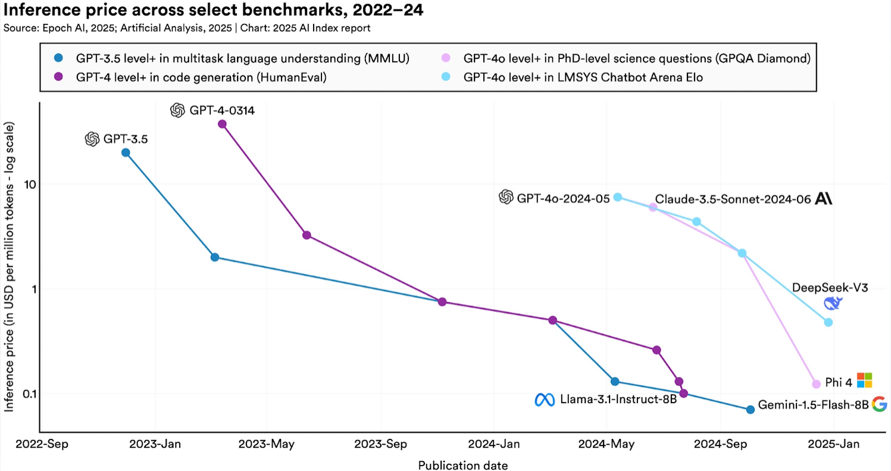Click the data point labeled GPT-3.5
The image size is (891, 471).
(126, 152)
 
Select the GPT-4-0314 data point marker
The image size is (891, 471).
(222, 124)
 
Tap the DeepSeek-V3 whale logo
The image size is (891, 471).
(833, 304)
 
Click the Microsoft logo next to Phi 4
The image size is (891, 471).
(864, 380)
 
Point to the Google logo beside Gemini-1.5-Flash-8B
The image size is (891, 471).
(879, 404)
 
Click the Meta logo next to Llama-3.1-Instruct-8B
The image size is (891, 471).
(544, 400)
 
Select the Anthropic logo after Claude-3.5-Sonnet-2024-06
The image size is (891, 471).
(824, 198)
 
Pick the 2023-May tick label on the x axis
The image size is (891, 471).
(267, 444)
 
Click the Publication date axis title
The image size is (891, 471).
(462, 464)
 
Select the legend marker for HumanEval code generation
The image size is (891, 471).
(58, 76)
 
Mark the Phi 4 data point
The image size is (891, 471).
(816, 384)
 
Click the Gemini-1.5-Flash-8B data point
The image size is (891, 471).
(751, 409)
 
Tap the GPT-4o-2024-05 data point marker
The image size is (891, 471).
(618, 197)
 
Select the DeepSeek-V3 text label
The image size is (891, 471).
(830, 288)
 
